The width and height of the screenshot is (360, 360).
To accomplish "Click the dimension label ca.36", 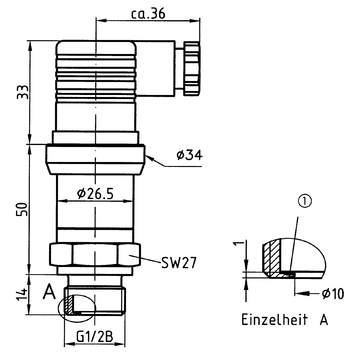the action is [148, 14].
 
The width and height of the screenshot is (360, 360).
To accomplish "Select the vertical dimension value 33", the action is [24, 91].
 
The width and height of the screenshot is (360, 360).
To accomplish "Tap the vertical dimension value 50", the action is [23, 208].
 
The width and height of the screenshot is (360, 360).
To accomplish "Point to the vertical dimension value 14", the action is [22, 295].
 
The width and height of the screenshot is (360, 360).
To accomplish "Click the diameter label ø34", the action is [189, 155].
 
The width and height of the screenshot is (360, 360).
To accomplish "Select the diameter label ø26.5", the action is [95, 193].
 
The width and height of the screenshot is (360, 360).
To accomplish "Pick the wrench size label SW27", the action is [178, 263].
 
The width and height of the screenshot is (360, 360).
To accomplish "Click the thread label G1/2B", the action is [95, 337].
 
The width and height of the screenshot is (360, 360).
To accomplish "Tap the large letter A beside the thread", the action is [49, 293].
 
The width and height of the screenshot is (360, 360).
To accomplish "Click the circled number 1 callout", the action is [306, 201].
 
